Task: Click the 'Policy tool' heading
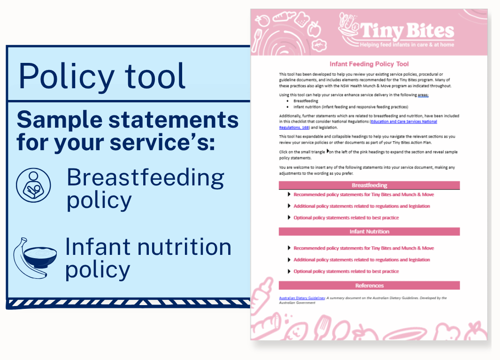click(x=102, y=77)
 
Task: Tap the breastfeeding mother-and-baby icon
click(x=33, y=185)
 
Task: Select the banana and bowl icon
click(x=35, y=258)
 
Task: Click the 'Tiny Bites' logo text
click(x=407, y=31)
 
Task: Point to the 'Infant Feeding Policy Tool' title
click(x=369, y=64)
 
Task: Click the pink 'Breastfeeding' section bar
click(x=369, y=185)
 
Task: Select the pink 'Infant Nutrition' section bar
click(x=369, y=231)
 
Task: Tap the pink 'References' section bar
click(x=369, y=285)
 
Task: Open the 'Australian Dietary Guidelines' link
click(x=302, y=298)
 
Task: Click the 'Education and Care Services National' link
click(x=404, y=122)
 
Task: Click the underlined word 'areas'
click(x=423, y=95)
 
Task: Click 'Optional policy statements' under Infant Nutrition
click(x=346, y=271)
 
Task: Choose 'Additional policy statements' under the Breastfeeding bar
click(x=362, y=206)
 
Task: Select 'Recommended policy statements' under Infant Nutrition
click(x=363, y=248)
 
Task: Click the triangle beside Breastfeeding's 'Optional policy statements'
click(x=289, y=217)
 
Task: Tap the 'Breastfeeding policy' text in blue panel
click(x=145, y=189)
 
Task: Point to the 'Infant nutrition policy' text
click(x=148, y=258)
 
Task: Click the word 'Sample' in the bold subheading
click(x=60, y=120)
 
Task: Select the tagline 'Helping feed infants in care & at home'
click(x=407, y=45)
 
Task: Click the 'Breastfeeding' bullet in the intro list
click(x=306, y=101)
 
